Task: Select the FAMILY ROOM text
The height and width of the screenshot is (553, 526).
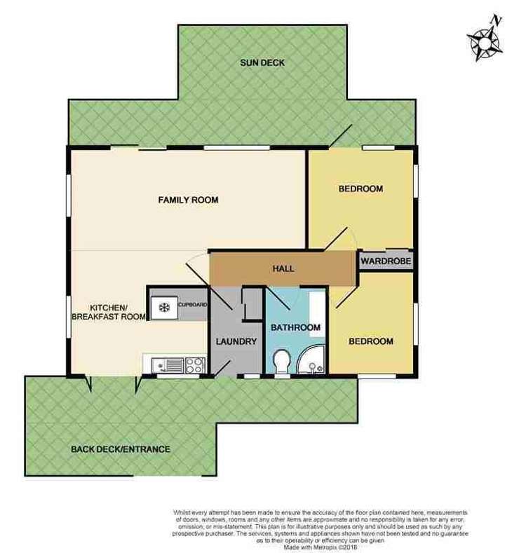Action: (x=188, y=200)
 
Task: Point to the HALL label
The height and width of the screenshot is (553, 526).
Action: (x=283, y=269)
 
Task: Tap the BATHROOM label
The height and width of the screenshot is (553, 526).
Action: (x=297, y=327)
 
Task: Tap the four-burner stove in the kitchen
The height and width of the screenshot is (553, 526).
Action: (x=194, y=365)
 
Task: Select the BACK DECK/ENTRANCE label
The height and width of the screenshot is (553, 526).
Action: (x=121, y=449)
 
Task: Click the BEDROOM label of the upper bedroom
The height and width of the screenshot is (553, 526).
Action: (x=360, y=189)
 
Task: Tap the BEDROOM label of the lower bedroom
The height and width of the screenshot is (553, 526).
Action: (x=371, y=342)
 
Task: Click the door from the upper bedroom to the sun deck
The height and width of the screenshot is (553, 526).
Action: (x=342, y=137)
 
